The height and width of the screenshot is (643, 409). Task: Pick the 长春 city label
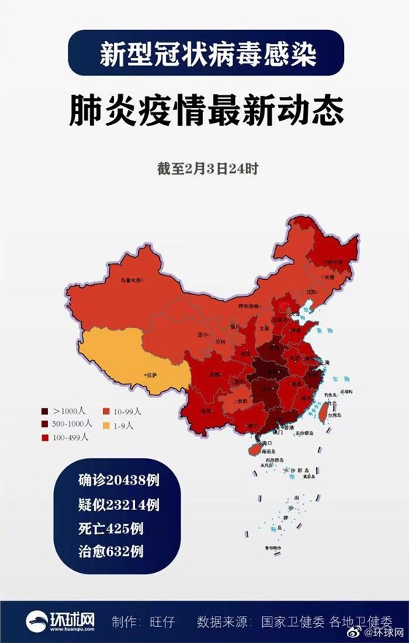[329, 277]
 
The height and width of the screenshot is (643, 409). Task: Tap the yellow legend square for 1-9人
[106, 424]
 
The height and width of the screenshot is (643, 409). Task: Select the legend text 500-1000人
[73, 424]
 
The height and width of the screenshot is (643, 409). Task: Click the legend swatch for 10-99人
[106, 411]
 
